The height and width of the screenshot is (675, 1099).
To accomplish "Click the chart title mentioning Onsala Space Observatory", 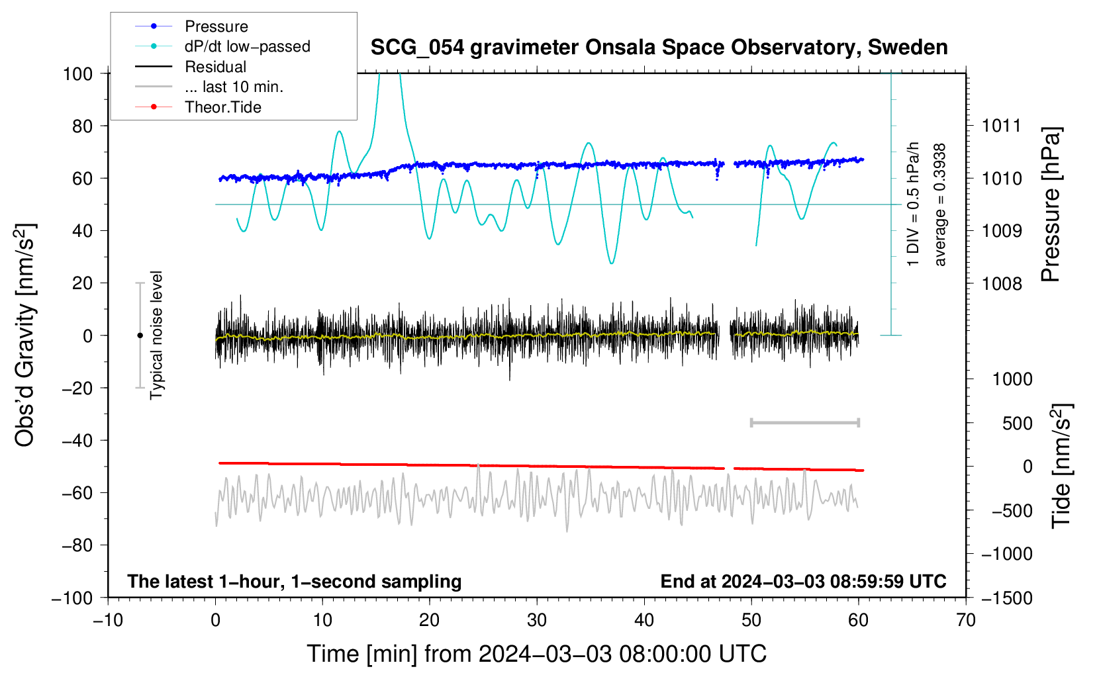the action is pyautogui.click(x=659, y=48).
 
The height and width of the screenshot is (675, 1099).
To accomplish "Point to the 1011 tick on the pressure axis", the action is pyautogui.click(x=1002, y=126).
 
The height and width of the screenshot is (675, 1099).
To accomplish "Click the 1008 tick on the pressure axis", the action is pyautogui.click(x=1002, y=283).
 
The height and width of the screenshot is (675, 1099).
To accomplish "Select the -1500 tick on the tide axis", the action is pyautogui.click(x=1007, y=598).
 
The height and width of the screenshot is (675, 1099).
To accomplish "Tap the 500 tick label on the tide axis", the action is pyautogui.click(x=1017, y=423).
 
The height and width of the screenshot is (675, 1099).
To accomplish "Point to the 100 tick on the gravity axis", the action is pyautogui.click(x=77, y=74).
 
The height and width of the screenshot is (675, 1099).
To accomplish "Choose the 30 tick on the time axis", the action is pyautogui.click(x=537, y=621).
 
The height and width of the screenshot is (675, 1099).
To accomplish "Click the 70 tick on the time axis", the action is pyautogui.click(x=965, y=621).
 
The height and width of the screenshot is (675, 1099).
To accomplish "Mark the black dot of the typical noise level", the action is pyautogui.click(x=140, y=336).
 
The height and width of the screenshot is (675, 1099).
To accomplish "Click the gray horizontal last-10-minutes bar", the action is pyautogui.click(x=804, y=423).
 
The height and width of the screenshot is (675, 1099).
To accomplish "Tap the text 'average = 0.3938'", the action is pyautogui.click(x=939, y=204).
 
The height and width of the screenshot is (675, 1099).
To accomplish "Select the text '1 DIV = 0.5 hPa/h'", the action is pyautogui.click(x=912, y=204).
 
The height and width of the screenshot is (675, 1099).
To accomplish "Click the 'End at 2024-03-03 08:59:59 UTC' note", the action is pyautogui.click(x=803, y=581).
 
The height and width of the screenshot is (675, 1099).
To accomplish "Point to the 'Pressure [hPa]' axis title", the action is pyautogui.click(x=1051, y=204).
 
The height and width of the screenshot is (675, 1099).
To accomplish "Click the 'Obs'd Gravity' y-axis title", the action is pyautogui.click(x=24, y=336).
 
